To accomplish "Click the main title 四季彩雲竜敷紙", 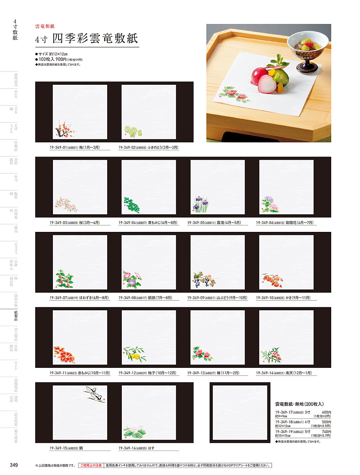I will [95, 39].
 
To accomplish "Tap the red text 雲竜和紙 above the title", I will [45, 26].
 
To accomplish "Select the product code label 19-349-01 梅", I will [75, 147].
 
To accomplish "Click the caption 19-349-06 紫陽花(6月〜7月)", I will [285, 223].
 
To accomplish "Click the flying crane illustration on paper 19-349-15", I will [94, 393].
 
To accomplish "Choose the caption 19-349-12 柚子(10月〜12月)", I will [147, 373].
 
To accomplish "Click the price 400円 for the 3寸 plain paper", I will [326, 412].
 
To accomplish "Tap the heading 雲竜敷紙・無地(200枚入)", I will [299, 404].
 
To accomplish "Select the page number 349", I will [14, 465].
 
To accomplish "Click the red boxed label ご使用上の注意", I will [91, 466].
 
